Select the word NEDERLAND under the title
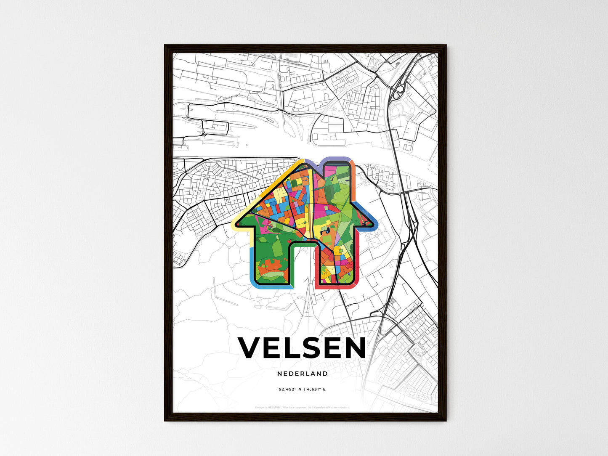303,374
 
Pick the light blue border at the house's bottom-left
252,269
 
